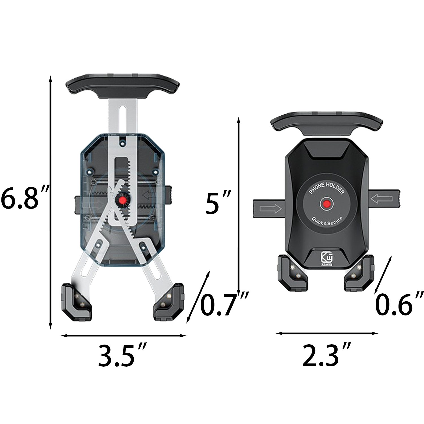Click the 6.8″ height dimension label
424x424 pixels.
tap(25, 198)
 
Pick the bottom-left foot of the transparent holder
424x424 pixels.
tap(77, 302)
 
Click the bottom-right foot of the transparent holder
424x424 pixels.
tap(169, 302)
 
